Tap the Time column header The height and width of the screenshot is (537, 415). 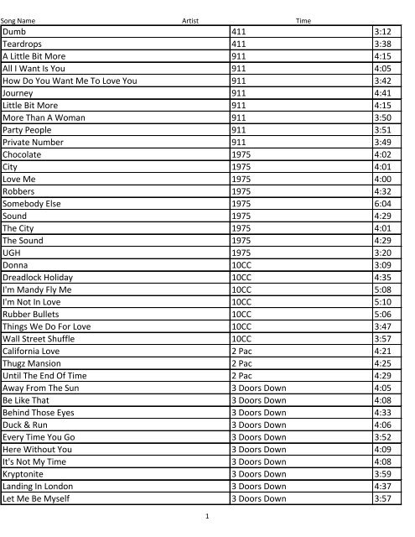tap(303, 20)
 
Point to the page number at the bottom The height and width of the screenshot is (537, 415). tap(206, 517)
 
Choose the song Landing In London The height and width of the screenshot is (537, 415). tap(38, 486)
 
